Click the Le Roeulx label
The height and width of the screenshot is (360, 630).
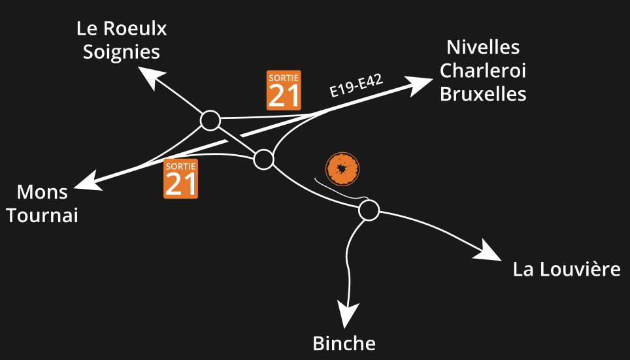click(x=122, y=29)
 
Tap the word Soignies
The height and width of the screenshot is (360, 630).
click(x=122, y=52)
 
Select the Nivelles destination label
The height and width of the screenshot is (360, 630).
click(x=483, y=47)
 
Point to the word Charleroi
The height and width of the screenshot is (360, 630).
click(x=482, y=71)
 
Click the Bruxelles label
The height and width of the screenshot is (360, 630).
click(x=483, y=94)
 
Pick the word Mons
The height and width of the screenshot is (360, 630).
click(x=42, y=192)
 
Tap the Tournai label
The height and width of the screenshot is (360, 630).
click(x=42, y=216)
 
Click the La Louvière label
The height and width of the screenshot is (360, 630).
click(x=567, y=269)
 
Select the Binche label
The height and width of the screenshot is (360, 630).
click(x=344, y=344)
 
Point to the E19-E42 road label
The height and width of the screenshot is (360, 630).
click(x=356, y=86)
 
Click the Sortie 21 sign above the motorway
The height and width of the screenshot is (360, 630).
click(x=284, y=90)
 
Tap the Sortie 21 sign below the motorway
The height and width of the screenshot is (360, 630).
click(x=180, y=179)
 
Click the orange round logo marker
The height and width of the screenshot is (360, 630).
click(x=342, y=169)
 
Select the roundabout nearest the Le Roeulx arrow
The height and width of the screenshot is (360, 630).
click(x=210, y=120)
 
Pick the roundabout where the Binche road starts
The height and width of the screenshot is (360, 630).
click(x=369, y=210)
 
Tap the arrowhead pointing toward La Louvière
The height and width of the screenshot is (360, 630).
click(x=488, y=251)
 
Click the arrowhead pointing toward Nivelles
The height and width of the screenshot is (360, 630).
click(x=419, y=85)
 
